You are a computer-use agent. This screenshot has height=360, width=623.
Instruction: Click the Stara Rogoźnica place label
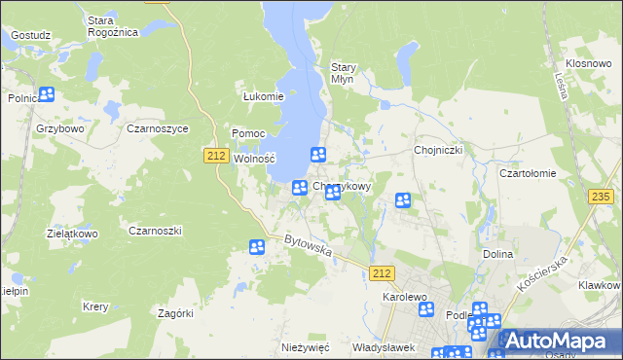click(113, 26)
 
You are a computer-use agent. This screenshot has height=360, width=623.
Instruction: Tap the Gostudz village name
click(30, 35)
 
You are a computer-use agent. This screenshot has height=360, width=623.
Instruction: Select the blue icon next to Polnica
click(46, 95)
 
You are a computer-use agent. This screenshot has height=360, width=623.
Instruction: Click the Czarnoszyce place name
click(157, 127)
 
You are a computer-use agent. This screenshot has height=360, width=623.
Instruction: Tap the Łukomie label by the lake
click(262, 96)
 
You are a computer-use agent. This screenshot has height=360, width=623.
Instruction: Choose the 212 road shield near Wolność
click(217, 155)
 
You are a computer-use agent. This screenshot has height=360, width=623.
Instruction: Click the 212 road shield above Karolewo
click(383, 275)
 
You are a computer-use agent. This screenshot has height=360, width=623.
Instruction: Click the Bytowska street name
click(309, 246)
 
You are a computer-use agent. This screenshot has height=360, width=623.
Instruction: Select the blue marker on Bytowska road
click(257, 248)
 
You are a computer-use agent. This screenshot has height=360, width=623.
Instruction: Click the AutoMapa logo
click(559, 341)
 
